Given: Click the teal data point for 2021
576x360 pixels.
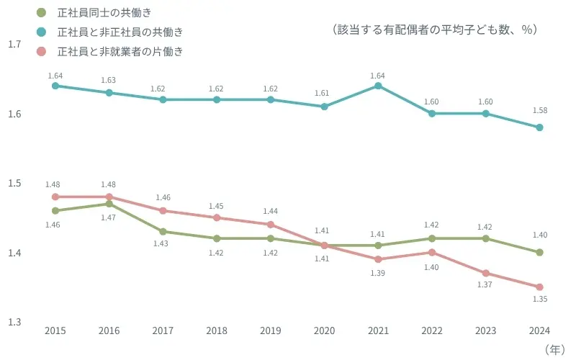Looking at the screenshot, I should coord(378,86).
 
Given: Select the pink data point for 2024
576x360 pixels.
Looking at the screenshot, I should coord(539,287).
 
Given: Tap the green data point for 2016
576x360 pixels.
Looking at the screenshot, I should coord(109,204).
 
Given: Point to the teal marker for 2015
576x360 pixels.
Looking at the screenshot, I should coord(55,86).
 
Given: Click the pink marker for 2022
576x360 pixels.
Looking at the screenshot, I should coord(432,252).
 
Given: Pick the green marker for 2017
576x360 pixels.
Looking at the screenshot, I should coord(163,231).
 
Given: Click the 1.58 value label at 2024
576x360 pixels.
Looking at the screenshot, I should coord(539,110).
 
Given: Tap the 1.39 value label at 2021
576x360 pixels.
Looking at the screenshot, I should coord(378,274).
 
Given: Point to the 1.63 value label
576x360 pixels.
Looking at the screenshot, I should coord(109,80).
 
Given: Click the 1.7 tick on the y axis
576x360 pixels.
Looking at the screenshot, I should coord(14,45).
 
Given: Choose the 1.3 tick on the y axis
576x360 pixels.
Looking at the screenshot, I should coord(14,322).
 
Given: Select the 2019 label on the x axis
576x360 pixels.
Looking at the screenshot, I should coord(271,330).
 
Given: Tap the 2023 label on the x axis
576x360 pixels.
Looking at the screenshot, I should coord(485,330).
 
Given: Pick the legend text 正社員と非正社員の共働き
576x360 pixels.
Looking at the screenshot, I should coord(120,32).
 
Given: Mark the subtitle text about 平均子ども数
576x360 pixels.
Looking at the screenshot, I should coord(436,30).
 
